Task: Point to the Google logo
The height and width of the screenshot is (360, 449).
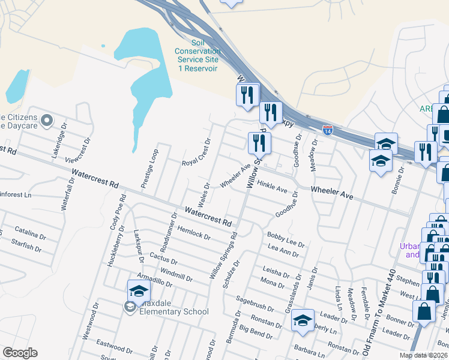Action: tap(20, 353)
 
